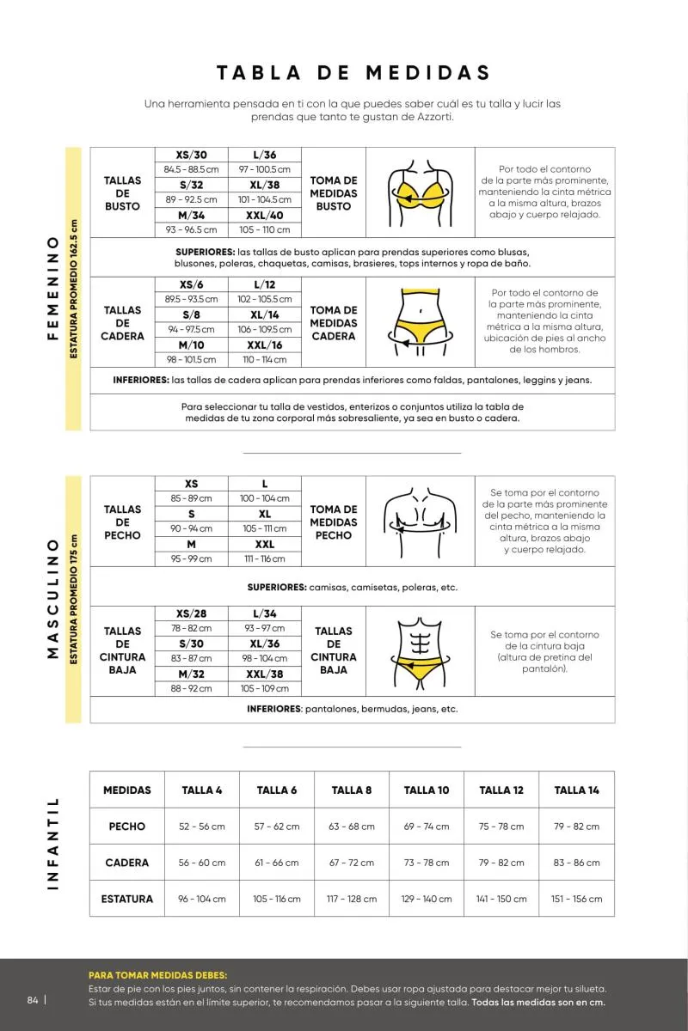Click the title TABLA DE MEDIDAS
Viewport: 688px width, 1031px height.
353,72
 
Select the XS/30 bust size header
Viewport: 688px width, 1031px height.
191,155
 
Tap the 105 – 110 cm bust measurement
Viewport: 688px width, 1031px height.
265,229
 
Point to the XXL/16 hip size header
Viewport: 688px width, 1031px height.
265,345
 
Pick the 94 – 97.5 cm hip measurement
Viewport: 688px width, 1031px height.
191,329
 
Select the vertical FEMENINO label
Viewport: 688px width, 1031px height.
52,285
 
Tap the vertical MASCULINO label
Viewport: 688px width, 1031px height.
52,599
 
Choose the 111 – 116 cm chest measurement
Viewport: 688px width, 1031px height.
265,558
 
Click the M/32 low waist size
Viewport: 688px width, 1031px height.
191,674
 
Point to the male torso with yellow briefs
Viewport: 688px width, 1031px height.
421,650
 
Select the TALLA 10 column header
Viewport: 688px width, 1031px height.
427,790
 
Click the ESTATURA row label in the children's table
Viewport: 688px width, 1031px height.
127,899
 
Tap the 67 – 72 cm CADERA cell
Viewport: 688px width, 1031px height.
352,863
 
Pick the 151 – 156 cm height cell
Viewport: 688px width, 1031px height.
576,899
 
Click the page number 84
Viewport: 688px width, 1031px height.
33,1000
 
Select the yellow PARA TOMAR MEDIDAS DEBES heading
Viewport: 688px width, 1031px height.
158,975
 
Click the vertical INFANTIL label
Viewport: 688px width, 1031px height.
52,843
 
